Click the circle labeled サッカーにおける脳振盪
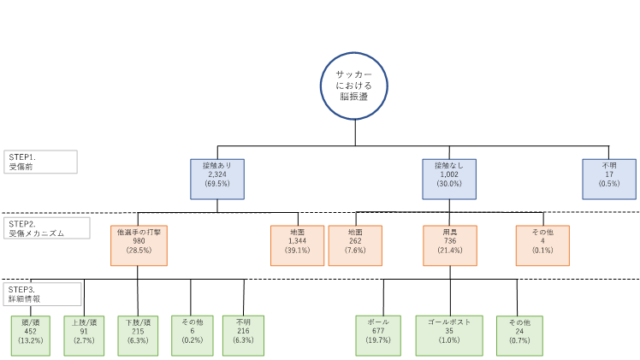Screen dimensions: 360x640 point(353,86)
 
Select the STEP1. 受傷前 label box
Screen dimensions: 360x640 point(40,162)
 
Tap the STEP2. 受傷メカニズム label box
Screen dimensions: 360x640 point(40,227)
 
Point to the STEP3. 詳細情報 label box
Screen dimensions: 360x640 point(40,294)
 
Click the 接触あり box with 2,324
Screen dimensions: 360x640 point(216,179)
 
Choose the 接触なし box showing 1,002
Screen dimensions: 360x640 point(449,179)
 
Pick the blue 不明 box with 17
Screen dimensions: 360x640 point(609,179)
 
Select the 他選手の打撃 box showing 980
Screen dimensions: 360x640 point(139,245)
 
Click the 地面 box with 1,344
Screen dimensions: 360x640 point(298,245)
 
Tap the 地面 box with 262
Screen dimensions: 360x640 point(355,245)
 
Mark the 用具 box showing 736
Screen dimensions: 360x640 point(449,245)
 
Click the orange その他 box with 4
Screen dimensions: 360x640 point(542,245)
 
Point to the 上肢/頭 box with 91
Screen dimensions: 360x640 point(85,335)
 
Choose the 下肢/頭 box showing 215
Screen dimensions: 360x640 point(139,335)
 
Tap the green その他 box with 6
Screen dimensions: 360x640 point(192,335)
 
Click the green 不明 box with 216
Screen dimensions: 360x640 point(243,335)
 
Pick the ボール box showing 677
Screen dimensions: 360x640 point(378,335)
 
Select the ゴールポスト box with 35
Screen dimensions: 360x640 point(450,335)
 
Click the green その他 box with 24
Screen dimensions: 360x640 point(519,335)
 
